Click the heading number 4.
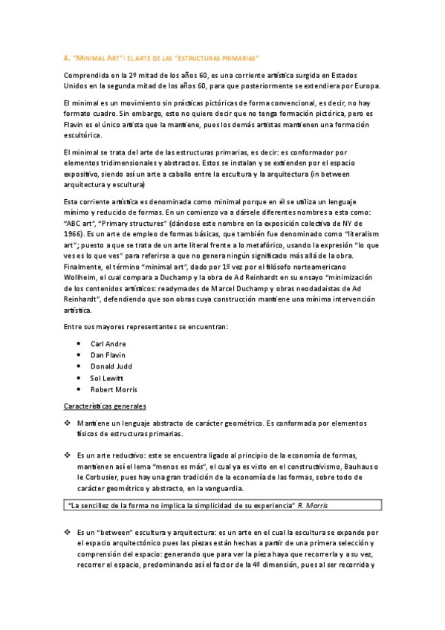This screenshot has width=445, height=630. click(66, 57)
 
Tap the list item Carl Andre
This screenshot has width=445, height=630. click(108, 344)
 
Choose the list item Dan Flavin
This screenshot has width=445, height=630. click(108, 355)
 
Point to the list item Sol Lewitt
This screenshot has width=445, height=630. click(108, 377)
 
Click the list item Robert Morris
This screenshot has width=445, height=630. click(114, 389)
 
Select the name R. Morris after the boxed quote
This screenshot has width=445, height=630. click(311, 505)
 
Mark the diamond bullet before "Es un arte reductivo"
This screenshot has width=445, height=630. click(68, 455)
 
